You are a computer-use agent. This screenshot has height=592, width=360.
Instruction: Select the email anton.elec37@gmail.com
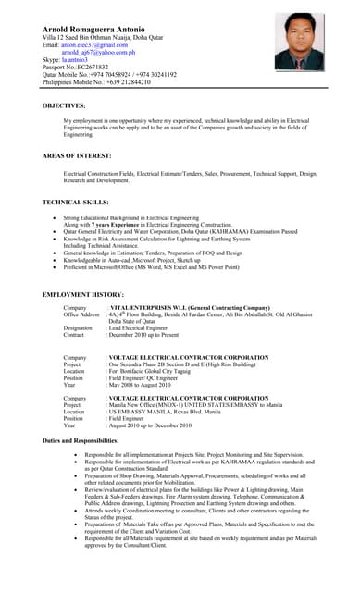click(x=94, y=44)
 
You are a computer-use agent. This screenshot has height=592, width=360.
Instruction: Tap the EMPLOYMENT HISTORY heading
click(x=84, y=294)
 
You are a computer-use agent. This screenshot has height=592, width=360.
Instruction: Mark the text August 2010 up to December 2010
click(x=150, y=425)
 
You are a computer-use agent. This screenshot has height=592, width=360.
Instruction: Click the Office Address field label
click(x=81, y=314)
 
